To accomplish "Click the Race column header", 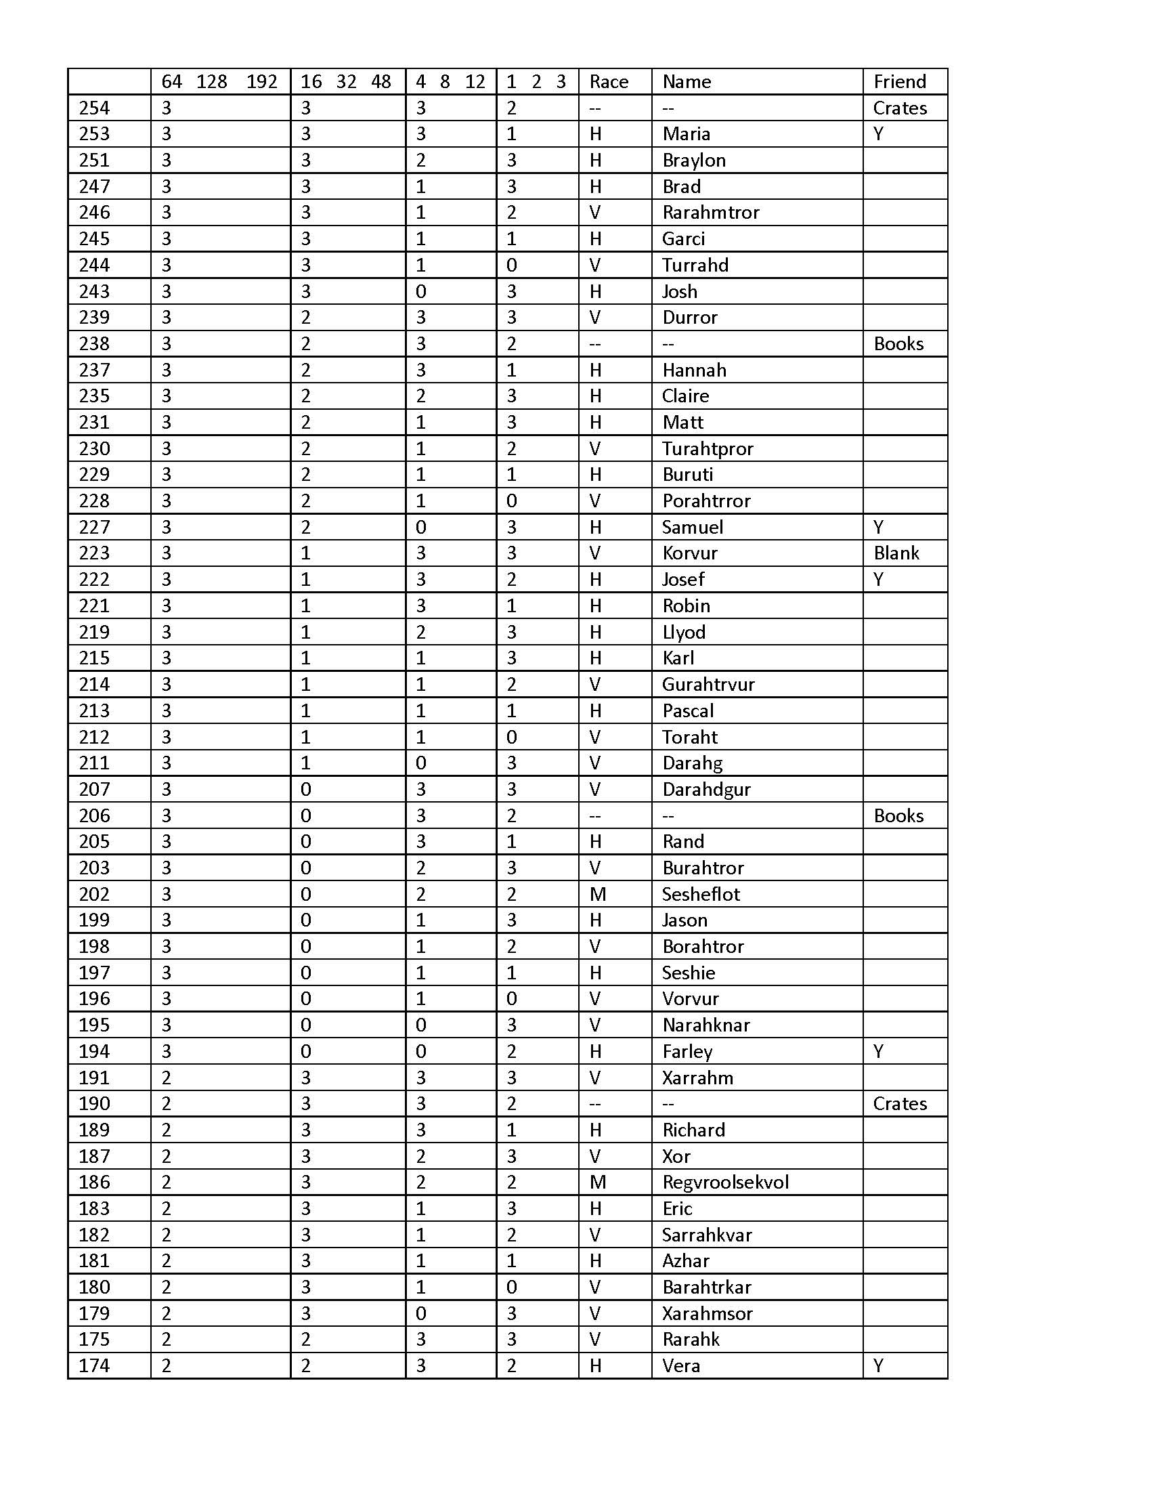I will pos(608,82).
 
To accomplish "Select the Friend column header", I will pos(899,82).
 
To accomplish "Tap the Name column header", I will pos(686,82).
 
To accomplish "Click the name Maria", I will pos(686,133).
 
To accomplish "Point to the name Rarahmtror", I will pos(710,213).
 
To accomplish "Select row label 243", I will pos(94,291).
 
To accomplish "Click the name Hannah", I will pos(694,370).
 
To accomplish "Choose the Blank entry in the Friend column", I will pos(896,553).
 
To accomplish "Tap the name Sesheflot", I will pos(700,895).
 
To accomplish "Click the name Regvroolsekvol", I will pos(725,1183).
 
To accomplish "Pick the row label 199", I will pos(94,920).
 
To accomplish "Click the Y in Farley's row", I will pos(878,1051).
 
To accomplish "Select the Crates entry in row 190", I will pos(899,1104).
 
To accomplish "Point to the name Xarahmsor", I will pos(707,1313).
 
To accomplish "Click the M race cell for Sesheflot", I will pos(597,895).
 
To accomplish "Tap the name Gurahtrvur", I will pos(708,684).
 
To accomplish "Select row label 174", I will pos(94,1366).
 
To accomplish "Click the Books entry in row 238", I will pos(898,344).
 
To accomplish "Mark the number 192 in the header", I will pos(261,82).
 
